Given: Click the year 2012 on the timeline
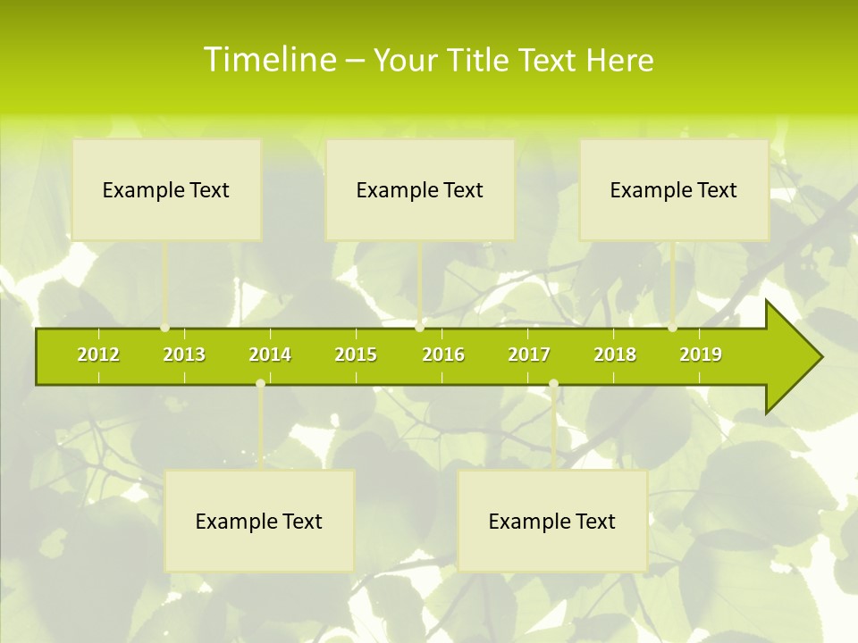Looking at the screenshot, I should click(x=98, y=355).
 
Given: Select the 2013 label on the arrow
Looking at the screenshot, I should click(x=184, y=355).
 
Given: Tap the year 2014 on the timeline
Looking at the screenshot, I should click(x=270, y=355).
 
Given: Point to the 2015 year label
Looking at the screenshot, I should click(x=356, y=355).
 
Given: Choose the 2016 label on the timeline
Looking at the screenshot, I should click(x=443, y=355).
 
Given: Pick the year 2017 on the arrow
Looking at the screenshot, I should click(x=529, y=355).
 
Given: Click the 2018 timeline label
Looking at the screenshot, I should click(x=615, y=355).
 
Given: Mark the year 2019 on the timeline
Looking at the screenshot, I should click(x=701, y=355).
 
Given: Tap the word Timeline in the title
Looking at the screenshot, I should click(x=268, y=60).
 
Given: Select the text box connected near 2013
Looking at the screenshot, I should click(x=166, y=189).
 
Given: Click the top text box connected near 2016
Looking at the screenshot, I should click(x=420, y=189).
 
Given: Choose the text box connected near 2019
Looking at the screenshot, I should click(x=674, y=189).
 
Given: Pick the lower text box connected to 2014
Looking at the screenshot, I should click(x=259, y=521).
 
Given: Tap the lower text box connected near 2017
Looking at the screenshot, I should click(x=552, y=521).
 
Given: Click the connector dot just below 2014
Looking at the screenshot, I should click(x=260, y=384).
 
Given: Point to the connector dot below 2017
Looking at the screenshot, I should click(x=553, y=384).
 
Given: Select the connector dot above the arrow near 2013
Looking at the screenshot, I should click(x=165, y=328).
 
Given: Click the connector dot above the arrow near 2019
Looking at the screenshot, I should click(x=673, y=328).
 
